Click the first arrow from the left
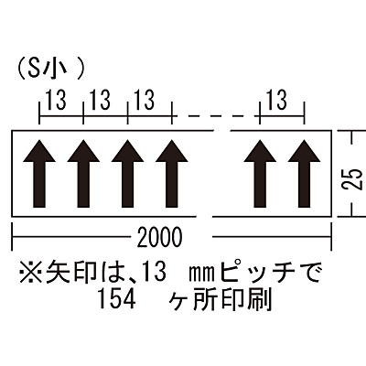39,174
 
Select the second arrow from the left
83,174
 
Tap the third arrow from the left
127,174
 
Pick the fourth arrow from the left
172,174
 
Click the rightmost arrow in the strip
304,174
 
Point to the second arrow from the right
260,174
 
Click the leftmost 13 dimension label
56,101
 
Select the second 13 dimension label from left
101,101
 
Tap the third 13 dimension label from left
145,101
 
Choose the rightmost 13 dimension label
277,101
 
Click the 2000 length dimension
159,238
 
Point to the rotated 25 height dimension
354,178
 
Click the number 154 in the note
117,300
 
